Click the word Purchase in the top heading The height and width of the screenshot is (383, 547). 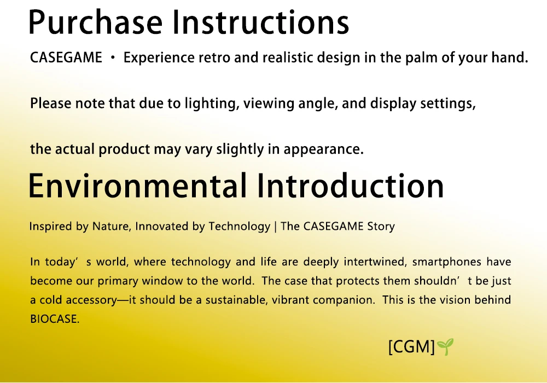click(x=96, y=22)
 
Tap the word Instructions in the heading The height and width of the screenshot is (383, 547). click(x=261, y=22)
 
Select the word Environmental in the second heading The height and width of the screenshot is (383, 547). click(x=137, y=185)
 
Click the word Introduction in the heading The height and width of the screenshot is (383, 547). click(x=350, y=185)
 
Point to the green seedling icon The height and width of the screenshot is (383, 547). click(x=445, y=346)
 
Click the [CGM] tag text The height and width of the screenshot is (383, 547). click(x=412, y=347)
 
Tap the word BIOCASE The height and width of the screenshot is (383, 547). click(x=55, y=319)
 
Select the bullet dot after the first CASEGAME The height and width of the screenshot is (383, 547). click(x=112, y=58)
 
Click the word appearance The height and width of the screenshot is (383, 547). click(x=323, y=149)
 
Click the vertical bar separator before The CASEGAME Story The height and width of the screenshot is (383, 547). click(x=276, y=227)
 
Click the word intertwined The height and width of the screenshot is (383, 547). click(x=375, y=262)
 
